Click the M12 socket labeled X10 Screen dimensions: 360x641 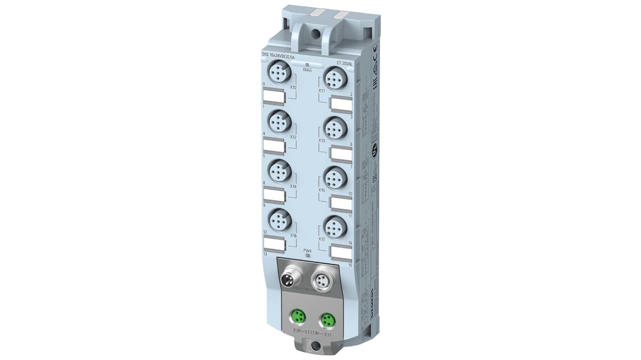279,73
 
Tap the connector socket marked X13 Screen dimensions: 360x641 335,127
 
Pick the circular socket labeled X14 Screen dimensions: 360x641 279,171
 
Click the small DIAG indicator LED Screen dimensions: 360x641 307,65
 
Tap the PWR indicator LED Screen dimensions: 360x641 307,256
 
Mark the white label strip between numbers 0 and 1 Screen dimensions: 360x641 273,96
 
